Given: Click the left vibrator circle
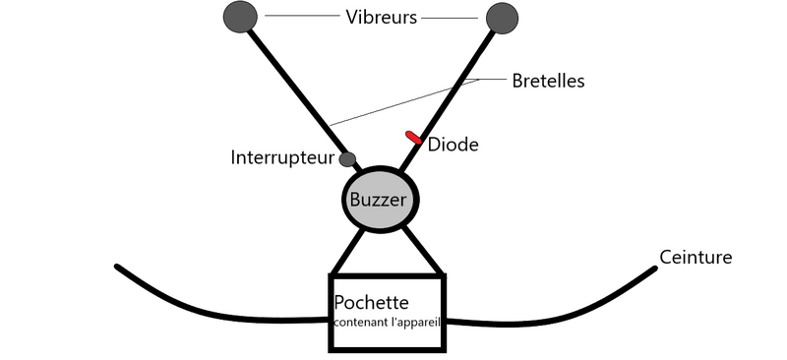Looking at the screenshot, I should click(x=241, y=17).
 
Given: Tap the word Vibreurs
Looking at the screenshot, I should click(x=383, y=17).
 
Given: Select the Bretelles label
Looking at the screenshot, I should click(x=549, y=82).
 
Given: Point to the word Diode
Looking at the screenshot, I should click(x=454, y=145).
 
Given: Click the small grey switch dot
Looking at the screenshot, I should click(x=347, y=159).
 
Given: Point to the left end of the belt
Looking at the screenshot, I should click(x=119, y=268).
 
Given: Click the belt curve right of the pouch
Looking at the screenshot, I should click(x=551, y=313).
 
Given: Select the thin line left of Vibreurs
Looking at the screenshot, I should click(x=300, y=17).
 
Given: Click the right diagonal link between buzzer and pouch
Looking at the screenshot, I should click(x=420, y=252).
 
